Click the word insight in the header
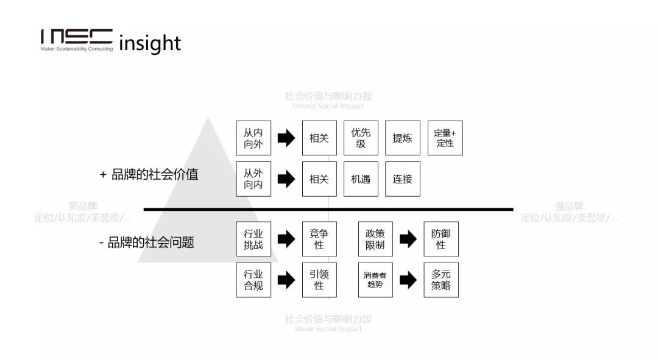(150, 43)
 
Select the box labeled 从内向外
(253, 138)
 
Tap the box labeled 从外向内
(253, 179)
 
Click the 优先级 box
(361, 138)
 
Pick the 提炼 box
(402, 138)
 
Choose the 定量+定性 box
(445, 138)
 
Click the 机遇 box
(361, 179)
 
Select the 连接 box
(402, 179)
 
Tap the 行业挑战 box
(253, 239)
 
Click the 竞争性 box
(319, 239)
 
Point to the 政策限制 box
(375, 239)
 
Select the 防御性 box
(441, 239)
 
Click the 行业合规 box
(253, 280)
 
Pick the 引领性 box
(319, 280)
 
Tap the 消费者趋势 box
(375, 280)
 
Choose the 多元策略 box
(441, 280)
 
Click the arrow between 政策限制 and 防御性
(408, 239)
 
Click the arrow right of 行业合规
(286, 280)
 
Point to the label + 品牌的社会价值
(149, 175)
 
